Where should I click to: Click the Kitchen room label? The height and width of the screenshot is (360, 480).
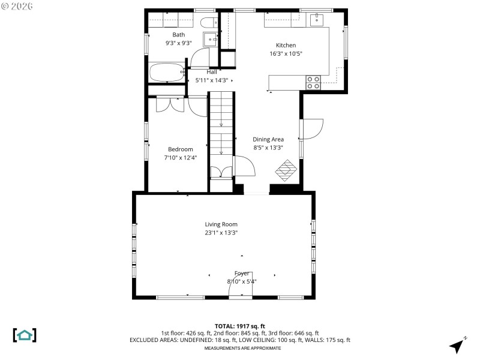pyautogui.click(x=286, y=46)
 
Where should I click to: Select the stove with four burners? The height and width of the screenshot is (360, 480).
pyautogui.click(x=313, y=82)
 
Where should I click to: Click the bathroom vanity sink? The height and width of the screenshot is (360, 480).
pyautogui.click(x=211, y=39)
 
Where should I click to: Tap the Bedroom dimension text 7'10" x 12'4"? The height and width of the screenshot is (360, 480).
pyautogui.click(x=181, y=158)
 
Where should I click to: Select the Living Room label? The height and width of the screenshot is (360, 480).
pyautogui.click(x=221, y=224)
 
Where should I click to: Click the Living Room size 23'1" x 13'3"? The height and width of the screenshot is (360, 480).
pyautogui.click(x=221, y=233)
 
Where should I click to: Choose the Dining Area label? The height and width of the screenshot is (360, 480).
pyautogui.click(x=268, y=139)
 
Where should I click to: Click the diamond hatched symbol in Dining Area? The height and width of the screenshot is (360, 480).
pyautogui.click(x=287, y=169)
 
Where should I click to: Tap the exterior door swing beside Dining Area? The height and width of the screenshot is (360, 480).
pyautogui.click(x=313, y=128)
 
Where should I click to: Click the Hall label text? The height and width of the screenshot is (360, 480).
pyautogui.click(x=212, y=72)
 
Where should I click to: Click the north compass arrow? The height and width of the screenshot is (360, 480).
pyautogui.click(x=457, y=345)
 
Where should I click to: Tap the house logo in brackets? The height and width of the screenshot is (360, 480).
pyautogui.click(x=25, y=335)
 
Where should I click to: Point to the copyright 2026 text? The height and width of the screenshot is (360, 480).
pyautogui.click(x=18, y=6)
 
